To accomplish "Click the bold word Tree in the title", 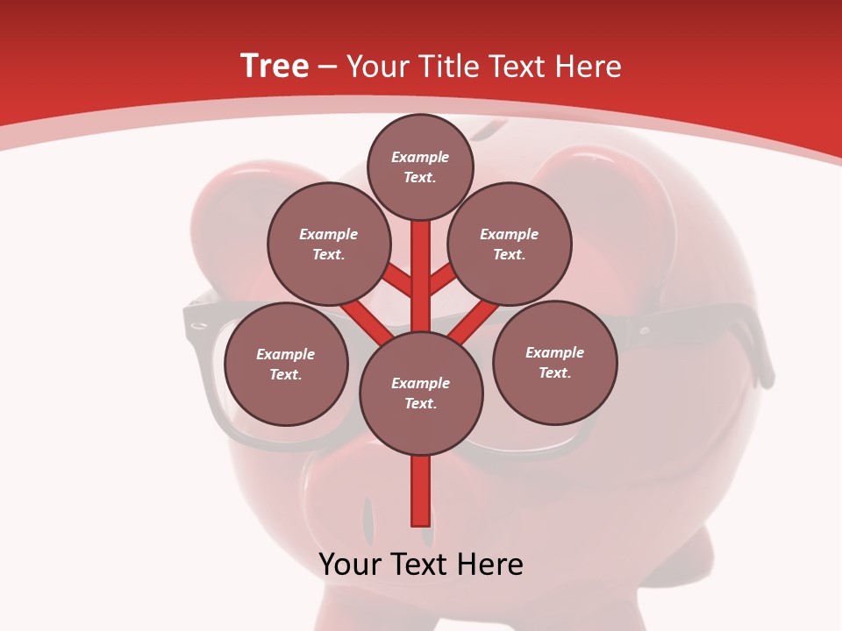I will click(x=275, y=66).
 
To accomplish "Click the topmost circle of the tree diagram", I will click(x=420, y=167).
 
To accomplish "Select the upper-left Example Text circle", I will click(x=329, y=244).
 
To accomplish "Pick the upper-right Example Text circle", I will click(x=510, y=244).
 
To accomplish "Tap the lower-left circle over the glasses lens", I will click(x=286, y=364).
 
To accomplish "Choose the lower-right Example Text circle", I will click(x=554, y=362).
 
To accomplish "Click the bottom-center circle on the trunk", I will click(x=421, y=393).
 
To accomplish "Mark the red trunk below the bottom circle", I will click(x=421, y=491).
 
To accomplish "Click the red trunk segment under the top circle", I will click(x=421, y=263).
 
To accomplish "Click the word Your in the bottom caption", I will click(x=349, y=564).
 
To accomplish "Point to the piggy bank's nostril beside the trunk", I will click(x=368, y=517).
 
